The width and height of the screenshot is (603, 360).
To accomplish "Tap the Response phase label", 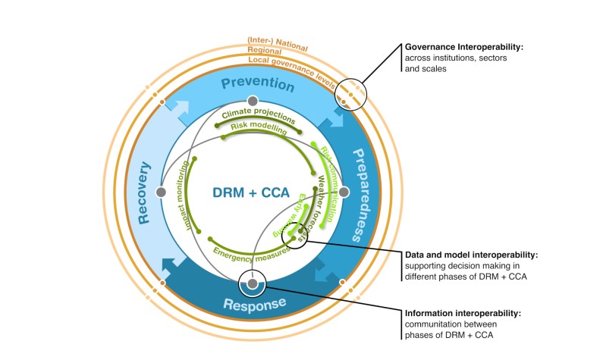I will [254, 304].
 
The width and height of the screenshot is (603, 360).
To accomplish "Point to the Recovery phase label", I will [143, 193].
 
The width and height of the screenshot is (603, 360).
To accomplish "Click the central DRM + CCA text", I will [251, 193].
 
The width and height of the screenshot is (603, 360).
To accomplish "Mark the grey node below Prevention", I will [253, 102].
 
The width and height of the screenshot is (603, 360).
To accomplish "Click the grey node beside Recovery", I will [160, 193].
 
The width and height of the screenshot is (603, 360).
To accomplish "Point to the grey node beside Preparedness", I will [344, 193].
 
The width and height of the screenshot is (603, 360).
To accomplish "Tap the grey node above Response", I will [252, 285].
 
